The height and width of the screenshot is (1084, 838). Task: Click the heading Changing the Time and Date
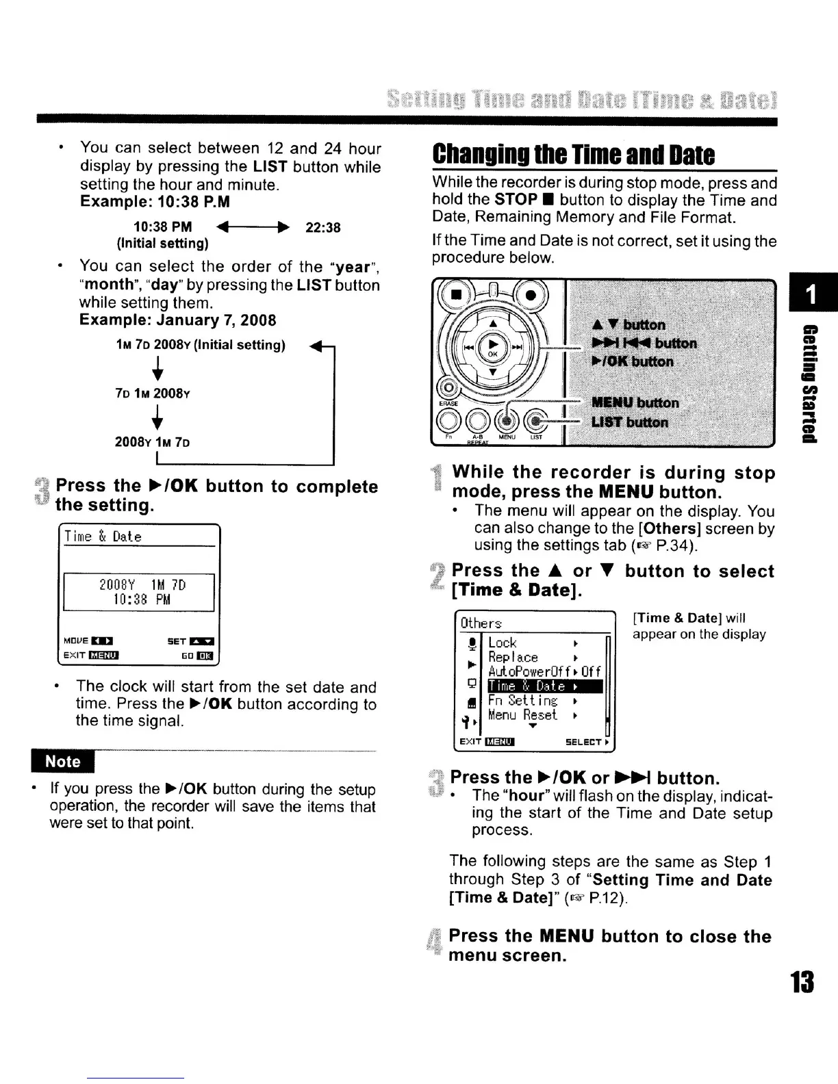[x=573, y=155]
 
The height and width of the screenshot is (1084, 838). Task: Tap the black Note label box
[x=63, y=762]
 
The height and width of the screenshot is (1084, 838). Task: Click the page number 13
[x=801, y=983]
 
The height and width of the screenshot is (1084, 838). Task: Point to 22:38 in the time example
[x=322, y=227]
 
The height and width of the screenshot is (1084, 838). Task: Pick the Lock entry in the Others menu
[x=503, y=643]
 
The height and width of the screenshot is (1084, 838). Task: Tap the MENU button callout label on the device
[x=635, y=402]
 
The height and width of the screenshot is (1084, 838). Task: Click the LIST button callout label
[x=629, y=422]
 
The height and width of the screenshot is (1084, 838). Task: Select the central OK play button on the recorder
[x=492, y=345]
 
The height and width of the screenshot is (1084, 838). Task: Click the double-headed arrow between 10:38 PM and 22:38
[x=252, y=227]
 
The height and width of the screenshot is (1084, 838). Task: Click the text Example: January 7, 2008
[x=178, y=320]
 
